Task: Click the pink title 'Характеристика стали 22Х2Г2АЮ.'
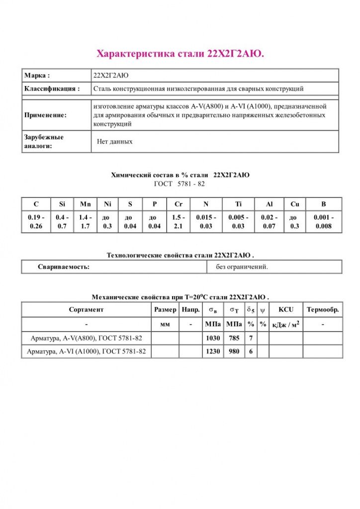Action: [180, 53]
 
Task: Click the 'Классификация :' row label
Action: [52, 89]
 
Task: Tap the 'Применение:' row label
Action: [45, 115]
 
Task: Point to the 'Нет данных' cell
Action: [115, 142]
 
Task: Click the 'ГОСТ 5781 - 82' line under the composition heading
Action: [180, 184]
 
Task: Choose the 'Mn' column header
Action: [85, 204]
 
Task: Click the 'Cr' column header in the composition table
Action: [179, 204]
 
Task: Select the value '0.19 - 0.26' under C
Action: [36, 222]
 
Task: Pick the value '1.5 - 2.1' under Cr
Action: [179, 222]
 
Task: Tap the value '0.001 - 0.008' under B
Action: [324, 222]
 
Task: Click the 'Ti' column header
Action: [238, 204]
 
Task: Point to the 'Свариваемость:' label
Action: [64, 267]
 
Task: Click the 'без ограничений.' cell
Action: [242, 267]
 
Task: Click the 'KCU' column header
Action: [286, 310]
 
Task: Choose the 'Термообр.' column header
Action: [323, 310]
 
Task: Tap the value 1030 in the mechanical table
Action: [213, 339]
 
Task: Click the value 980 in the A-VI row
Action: [233, 351]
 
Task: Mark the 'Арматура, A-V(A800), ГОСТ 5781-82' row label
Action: [87, 339]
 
